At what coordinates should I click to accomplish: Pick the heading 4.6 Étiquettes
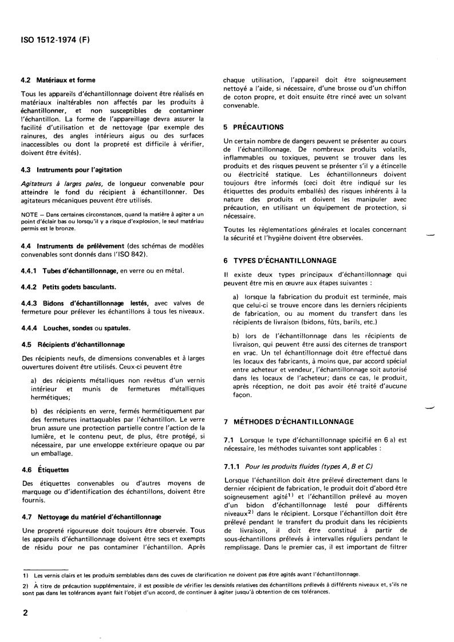(x=49, y=469)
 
